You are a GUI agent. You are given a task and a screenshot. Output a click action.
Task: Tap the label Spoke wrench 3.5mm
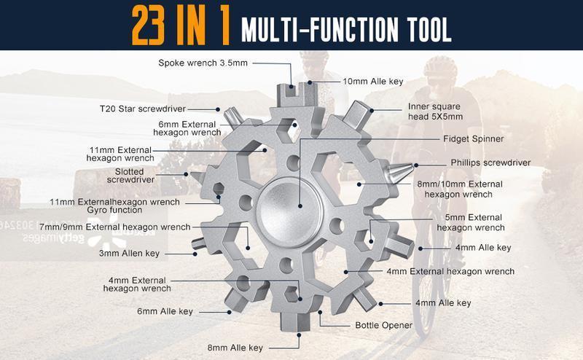pos(203,63)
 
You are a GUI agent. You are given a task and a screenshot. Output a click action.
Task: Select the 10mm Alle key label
pos(373,82)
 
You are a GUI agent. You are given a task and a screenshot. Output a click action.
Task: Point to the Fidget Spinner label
pos(473,138)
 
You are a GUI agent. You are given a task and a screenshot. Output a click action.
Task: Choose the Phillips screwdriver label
pos(490,163)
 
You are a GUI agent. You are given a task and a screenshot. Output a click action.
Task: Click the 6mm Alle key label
pos(165,311)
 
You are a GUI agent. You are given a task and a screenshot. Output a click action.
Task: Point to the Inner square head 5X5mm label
pos(436,111)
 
